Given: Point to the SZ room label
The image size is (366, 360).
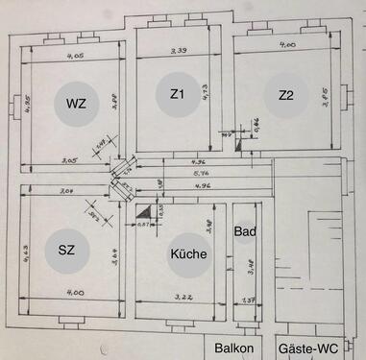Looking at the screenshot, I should pyautogui.click(x=66, y=250).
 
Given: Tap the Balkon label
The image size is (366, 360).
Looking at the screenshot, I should pyautogui.click(x=234, y=348).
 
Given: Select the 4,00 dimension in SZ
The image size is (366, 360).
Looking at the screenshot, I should pyautogui.click(x=76, y=292).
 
